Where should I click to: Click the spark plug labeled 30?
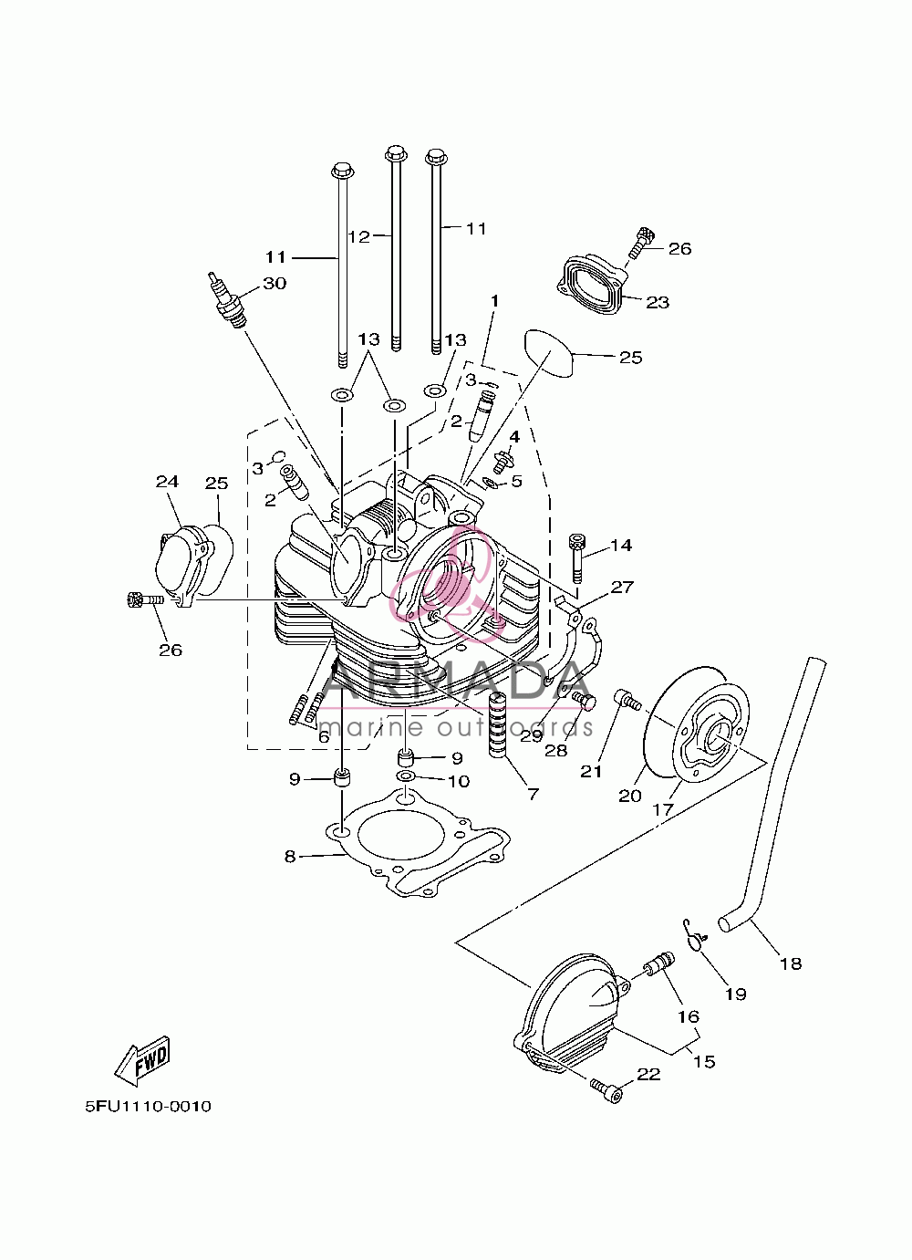coord(229,299)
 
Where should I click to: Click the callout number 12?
coord(358,236)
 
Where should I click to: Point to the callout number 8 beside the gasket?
coord(290,857)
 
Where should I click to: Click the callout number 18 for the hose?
coord(791,963)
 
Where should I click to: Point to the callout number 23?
coord(658,303)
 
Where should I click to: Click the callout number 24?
coord(167,482)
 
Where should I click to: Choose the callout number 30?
coord(275,283)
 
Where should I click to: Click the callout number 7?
coord(533,794)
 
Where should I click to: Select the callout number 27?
coord(622,588)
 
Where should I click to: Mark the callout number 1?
coord(495,301)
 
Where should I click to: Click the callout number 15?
coord(703,1061)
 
